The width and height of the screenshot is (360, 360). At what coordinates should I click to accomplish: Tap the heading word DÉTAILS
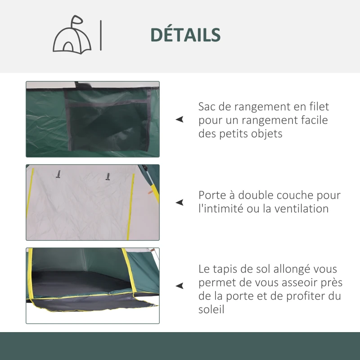click(185, 35)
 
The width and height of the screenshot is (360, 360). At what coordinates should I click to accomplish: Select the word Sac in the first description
click(207, 107)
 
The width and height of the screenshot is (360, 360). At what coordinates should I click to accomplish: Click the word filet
click(319, 107)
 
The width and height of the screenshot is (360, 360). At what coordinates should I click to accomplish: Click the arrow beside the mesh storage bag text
click(180, 120)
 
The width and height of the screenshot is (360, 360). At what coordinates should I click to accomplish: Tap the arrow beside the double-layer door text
click(180, 202)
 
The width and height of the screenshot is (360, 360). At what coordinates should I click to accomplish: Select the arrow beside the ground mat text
click(180, 286)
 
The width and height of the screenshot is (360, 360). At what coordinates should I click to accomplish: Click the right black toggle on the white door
click(108, 176)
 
